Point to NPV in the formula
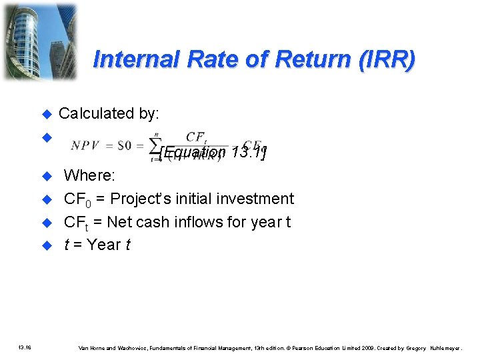coord(85,145)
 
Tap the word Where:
coord(89,176)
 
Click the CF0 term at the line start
coord(77,199)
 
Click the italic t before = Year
coord(67,245)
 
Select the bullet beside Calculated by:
coord(47,114)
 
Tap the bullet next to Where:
coord(47,177)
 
